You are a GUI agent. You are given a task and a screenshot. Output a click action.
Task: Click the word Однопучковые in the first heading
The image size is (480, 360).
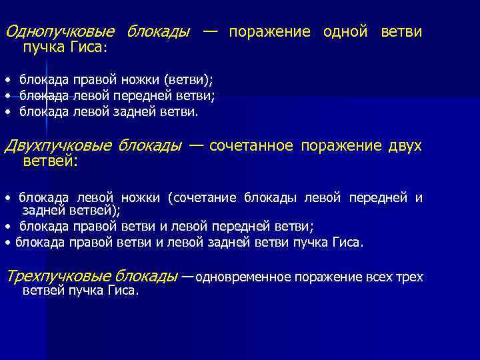coord(59,32)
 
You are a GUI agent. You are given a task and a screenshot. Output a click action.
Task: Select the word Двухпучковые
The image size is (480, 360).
coord(58,146)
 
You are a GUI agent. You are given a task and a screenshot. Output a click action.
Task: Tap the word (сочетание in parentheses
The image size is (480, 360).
coord(203,197)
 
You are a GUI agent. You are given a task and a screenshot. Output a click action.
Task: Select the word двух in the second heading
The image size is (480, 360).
coord(405,146)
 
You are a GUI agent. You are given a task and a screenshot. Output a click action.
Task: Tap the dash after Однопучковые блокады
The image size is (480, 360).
coord(209,32)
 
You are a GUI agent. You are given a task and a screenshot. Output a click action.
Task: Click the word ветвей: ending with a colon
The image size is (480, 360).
coord(50,161)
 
